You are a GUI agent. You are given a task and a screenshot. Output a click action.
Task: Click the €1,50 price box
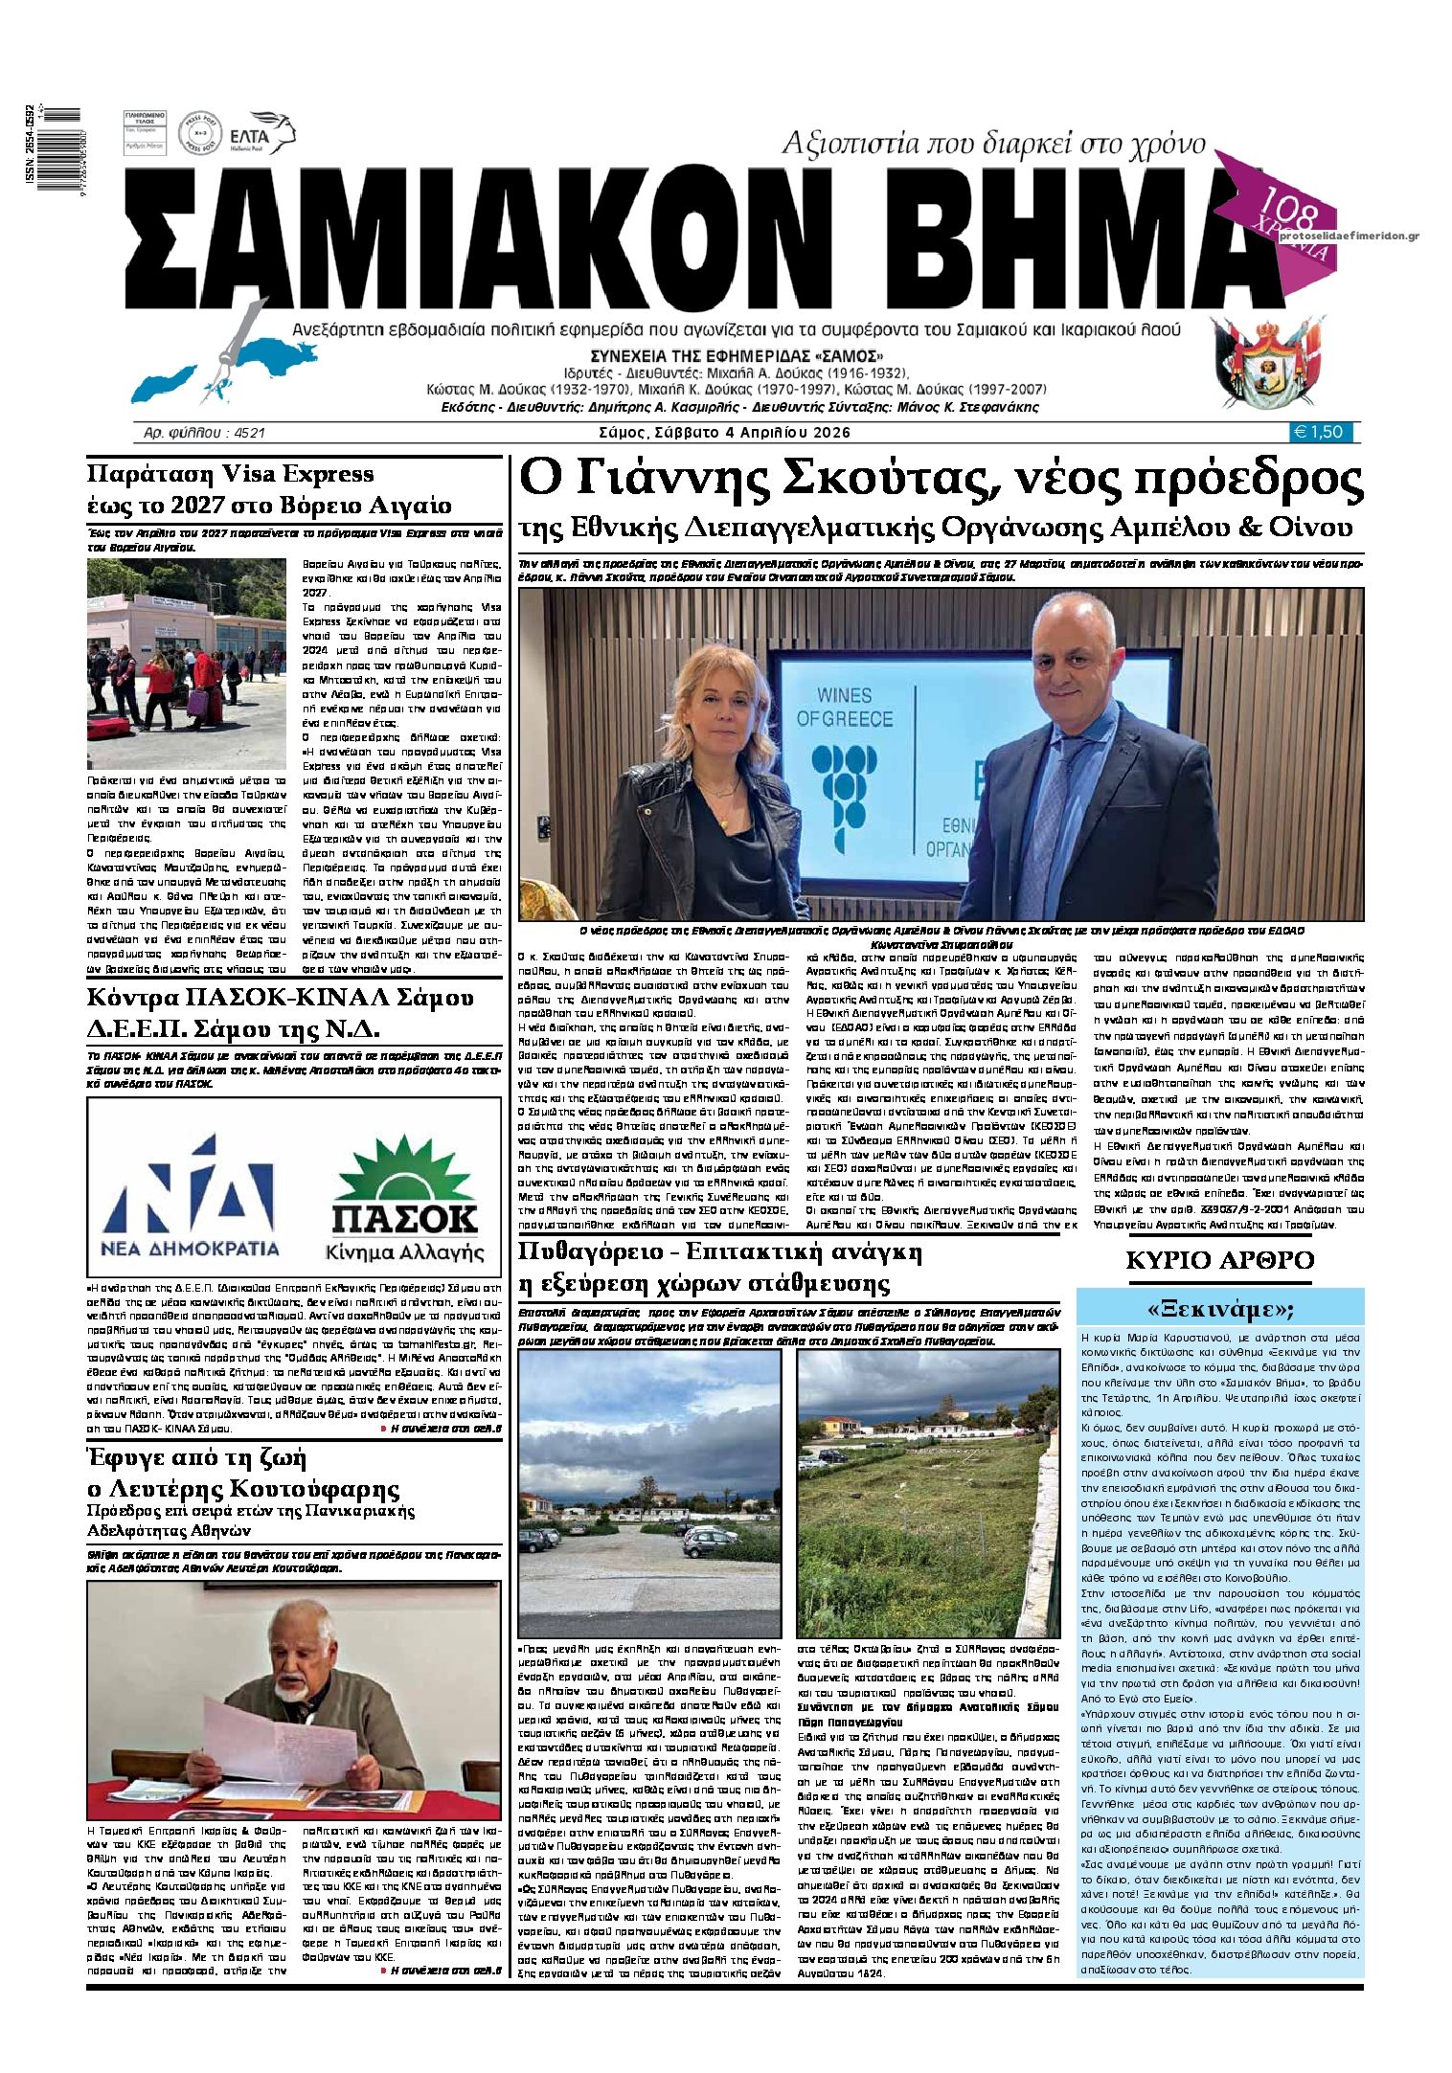(1324, 432)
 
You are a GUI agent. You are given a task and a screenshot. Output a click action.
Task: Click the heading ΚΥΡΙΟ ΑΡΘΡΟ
(1219, 1259)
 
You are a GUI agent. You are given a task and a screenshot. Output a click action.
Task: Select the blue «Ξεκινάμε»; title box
(1219, 1308)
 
